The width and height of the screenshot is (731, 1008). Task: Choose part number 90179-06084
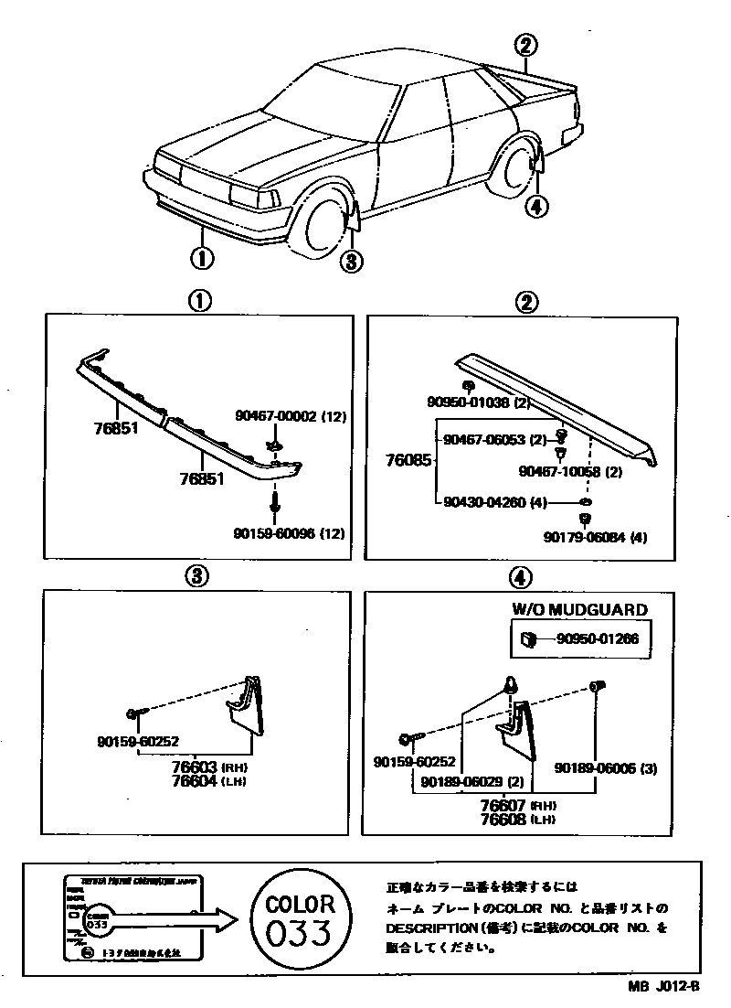click(x=594, y=537)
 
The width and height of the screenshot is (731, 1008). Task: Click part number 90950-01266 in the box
click(x=598, y=638)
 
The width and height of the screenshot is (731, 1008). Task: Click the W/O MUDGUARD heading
click(x=579, y=608)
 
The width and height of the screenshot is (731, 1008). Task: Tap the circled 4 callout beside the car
click(x=536, y=207)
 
